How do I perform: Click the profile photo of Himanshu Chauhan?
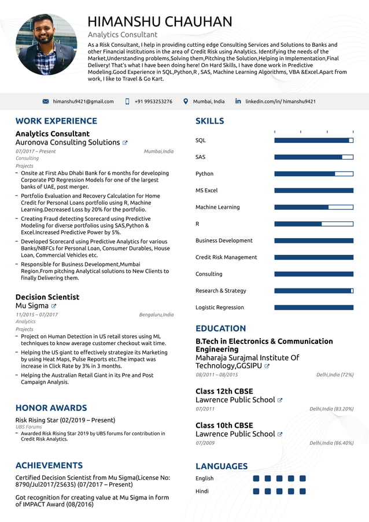click(46, 45)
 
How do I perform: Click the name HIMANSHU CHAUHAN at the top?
click(160, 22)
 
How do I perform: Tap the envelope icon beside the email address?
click(46, 101)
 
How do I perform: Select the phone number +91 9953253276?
click(153, 101)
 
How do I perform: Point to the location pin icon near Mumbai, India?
click(186, 101)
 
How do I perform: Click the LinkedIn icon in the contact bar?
click(238, 101)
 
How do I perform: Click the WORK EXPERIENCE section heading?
click(56, 121)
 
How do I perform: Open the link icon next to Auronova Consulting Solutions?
click(125, 143)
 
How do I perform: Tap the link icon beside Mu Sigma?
click(54, 306)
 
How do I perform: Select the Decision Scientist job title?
click(47, 297)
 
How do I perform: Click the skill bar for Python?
click(313, 173)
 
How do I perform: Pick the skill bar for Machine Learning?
click(313, 207)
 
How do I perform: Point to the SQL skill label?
click(200, 140)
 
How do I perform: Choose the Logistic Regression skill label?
click(220, 308)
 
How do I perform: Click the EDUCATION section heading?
click(220, 328)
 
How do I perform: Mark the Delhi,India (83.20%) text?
click(331, 409)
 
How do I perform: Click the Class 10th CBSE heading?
click(224, 425)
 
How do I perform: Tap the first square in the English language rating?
click(256, 479)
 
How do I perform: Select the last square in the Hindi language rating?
click(302, 491)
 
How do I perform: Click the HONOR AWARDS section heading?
click(51, 408)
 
